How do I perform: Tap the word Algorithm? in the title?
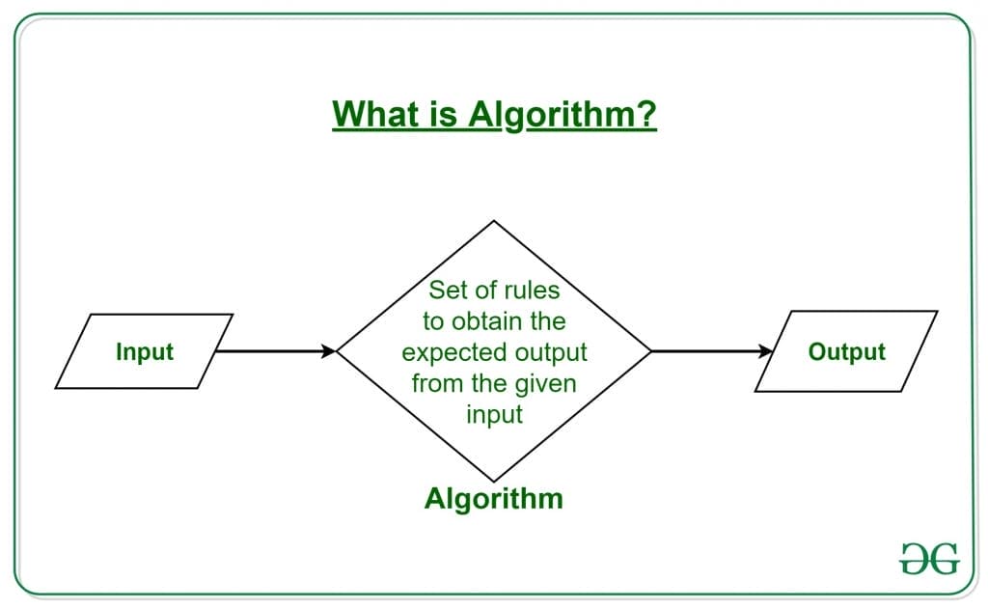click(x=563, y=114)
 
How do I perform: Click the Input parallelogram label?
click(x=144, y=351)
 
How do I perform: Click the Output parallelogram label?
click(x=846, y=351)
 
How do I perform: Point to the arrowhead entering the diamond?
click(x=329, y=351)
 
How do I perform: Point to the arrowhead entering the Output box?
click(x=766, y=351)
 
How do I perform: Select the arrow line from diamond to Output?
click(x=709, y=351)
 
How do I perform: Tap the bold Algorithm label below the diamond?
click(x=494, y=499)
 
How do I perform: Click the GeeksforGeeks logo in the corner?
click(x=928, y=558)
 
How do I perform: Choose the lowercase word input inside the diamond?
click(x=494, y=414)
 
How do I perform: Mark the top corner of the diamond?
click(x=494, y=221)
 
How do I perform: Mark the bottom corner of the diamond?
click(x=494, y=481)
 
